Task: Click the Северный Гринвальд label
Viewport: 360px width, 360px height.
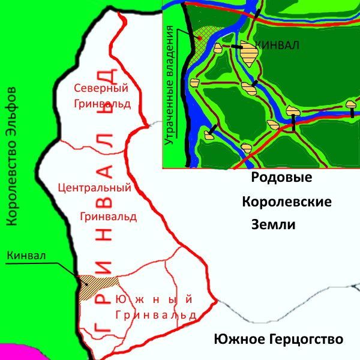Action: click(101, 95)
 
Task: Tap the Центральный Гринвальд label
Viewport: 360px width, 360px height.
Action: click(94, 202)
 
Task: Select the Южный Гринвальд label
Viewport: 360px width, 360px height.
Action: click(153, 307)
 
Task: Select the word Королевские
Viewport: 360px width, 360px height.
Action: click(287, 202)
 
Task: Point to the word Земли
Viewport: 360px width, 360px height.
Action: click(273, 224)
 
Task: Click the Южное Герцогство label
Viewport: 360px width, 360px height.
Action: click(278, 340)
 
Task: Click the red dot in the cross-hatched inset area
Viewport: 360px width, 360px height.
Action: click(199, 38)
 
